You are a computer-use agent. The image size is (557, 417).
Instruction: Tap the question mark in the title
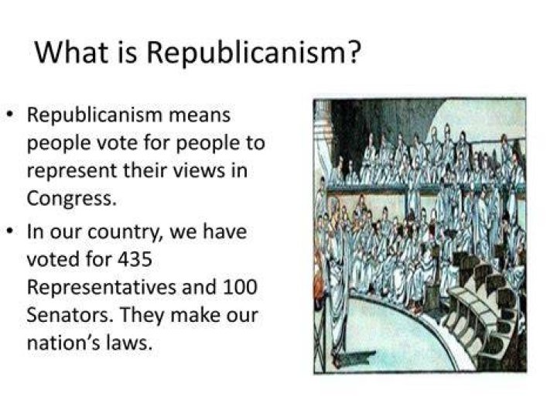pos(354,52)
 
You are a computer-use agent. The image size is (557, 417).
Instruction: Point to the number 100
pos(239,287)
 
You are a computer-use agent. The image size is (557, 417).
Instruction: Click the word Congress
pos(71,199)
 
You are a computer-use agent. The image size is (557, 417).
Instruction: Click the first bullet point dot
pos(12,115)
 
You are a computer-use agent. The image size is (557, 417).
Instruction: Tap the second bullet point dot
pos(12,231)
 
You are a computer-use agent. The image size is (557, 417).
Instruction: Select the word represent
pos(72,172)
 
